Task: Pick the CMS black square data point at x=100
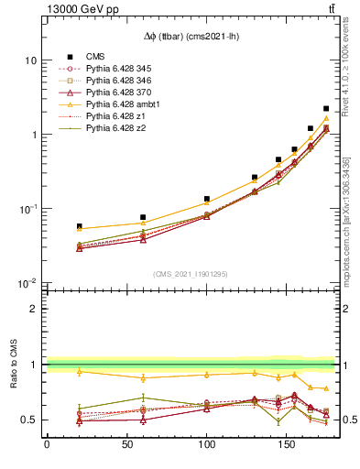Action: click(207, 199)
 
